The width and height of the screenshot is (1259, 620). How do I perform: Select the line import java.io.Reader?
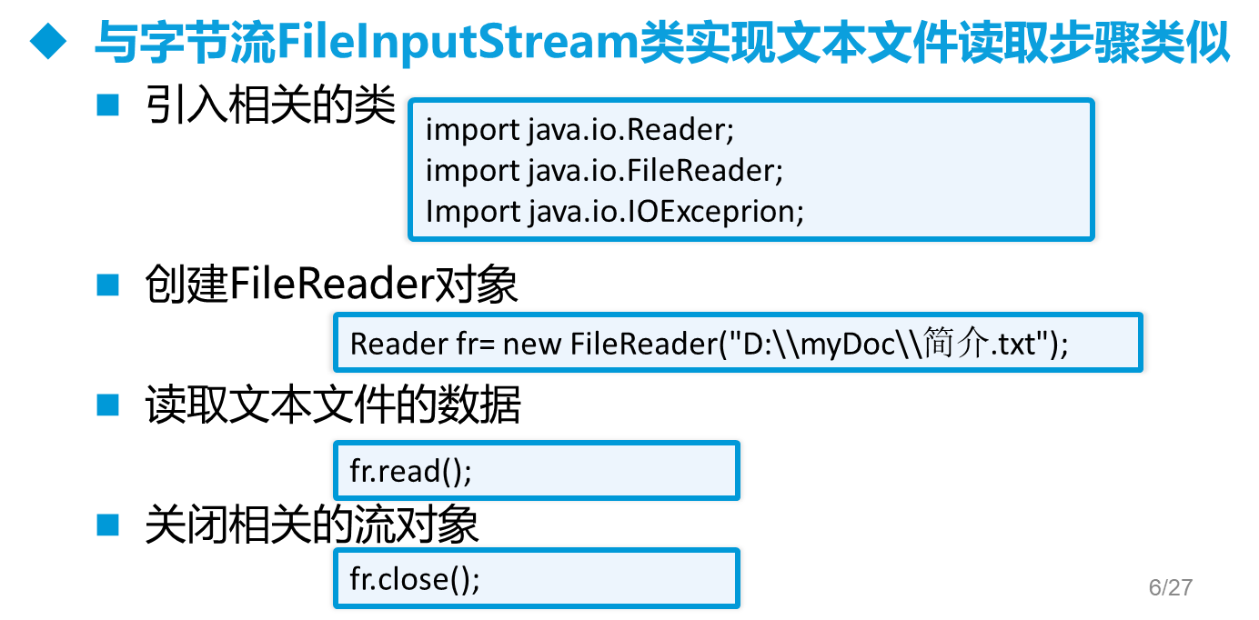(579, 129)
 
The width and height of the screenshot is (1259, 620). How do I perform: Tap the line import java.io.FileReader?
(604, 170)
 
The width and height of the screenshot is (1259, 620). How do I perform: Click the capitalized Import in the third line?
(472, 211)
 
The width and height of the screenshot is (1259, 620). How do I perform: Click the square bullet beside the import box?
(108, 105)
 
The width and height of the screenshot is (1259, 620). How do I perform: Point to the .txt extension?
(1016, 345)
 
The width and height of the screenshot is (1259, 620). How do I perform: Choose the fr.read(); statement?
(411, 472)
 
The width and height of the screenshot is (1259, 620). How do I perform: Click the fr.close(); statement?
(415, 579)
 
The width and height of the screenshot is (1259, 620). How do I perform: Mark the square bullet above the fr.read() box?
(108, 405)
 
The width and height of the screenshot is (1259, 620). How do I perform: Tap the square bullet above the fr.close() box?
(108, 525)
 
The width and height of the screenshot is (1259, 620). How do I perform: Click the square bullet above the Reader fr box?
(108, 285)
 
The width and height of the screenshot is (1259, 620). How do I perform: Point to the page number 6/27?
(1170, 587)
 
